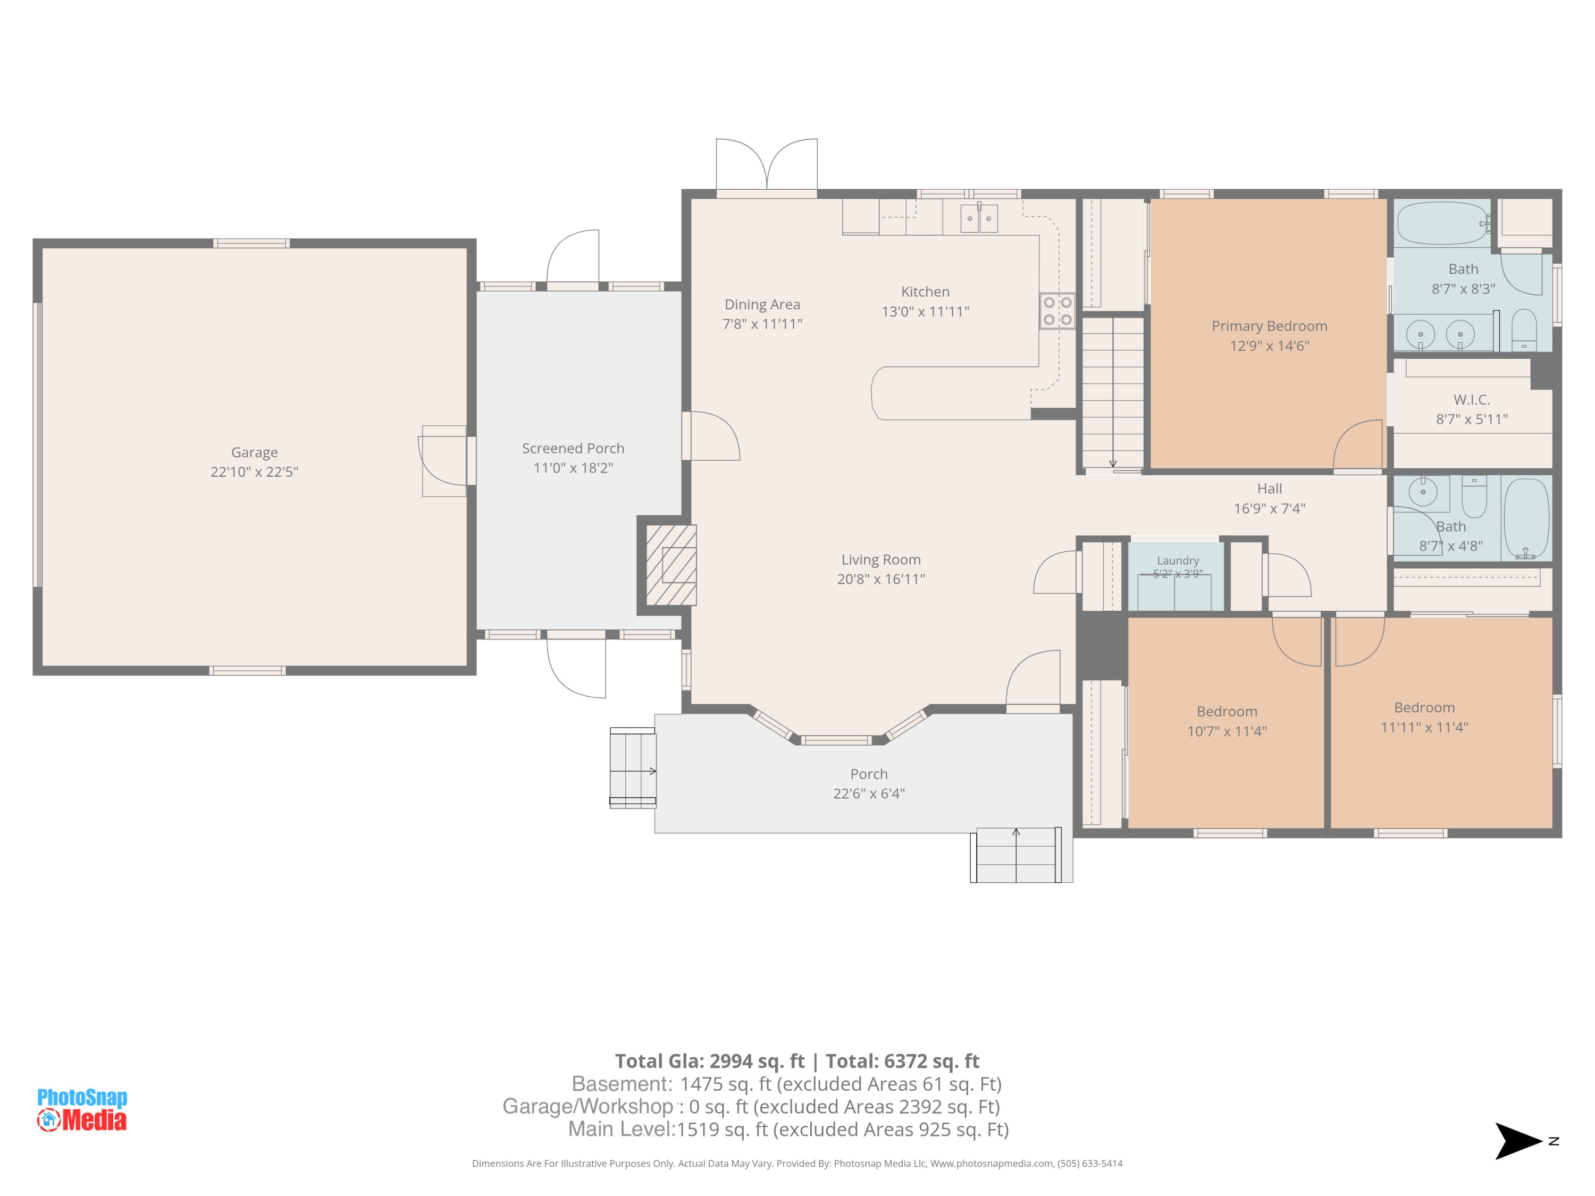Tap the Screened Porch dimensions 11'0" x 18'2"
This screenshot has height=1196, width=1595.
tap(573, 468)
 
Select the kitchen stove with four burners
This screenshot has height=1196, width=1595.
tap(1057, 311)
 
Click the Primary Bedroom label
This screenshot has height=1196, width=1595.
tap(1269, 326)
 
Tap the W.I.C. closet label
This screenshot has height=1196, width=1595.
tap(1472, 399)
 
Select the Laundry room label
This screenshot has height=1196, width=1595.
tap(1178, 560)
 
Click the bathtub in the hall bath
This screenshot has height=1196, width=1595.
tap(1526, 518)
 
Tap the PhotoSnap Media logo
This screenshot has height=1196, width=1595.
tap(82, 1109)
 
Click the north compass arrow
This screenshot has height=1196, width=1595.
tap(1518, 1141)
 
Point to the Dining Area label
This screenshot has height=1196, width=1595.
tap(762, 304)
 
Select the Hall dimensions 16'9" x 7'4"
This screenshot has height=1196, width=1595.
tap(1269, 508)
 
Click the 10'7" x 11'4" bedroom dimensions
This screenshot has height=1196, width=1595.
tap(1227, 731)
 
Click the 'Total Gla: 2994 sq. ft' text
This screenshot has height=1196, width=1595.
tap(710, 1061)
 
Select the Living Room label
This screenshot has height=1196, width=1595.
tap(881, 559)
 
